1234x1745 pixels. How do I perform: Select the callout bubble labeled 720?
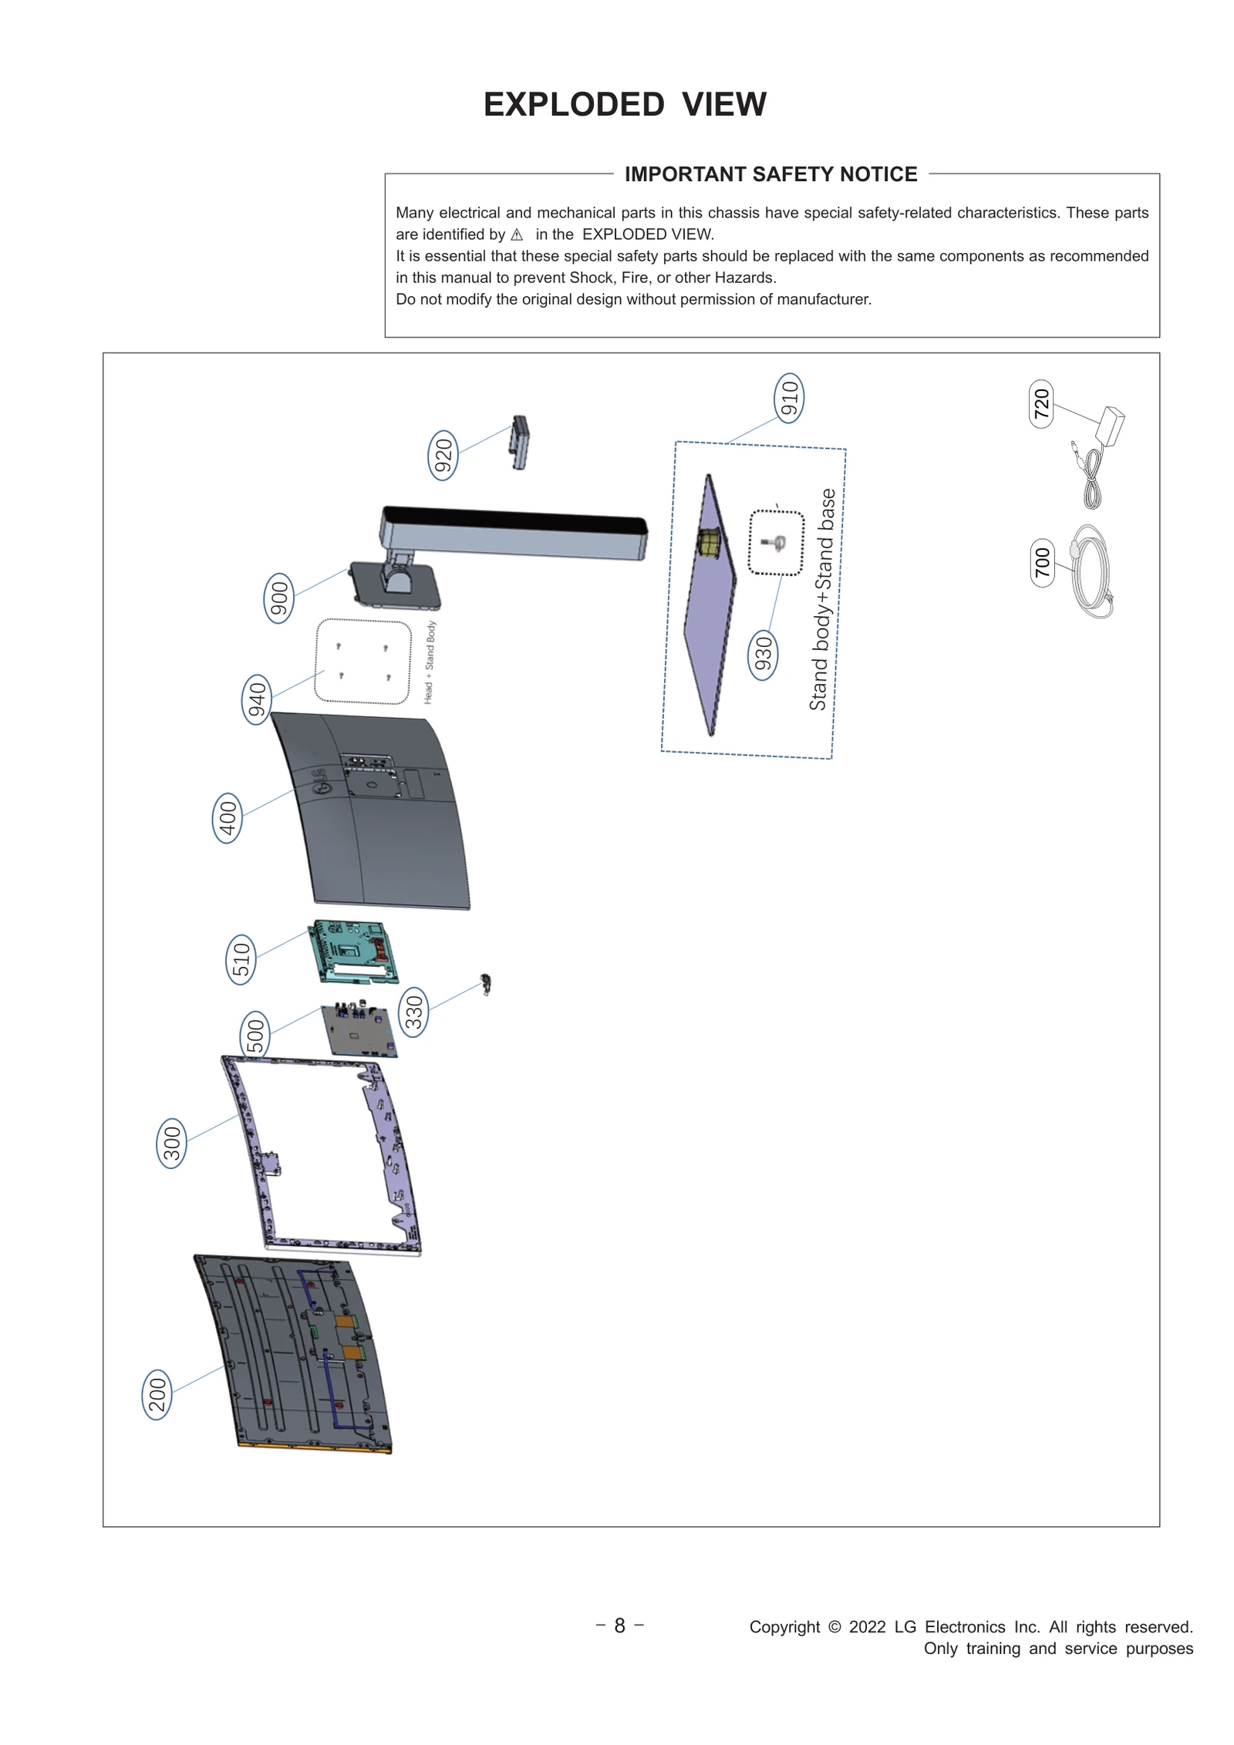[1041, 403]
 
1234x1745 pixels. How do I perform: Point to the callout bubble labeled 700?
[1042, 563]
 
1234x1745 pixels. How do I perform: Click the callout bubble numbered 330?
[414, 1012]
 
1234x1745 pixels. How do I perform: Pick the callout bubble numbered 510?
[241, 959]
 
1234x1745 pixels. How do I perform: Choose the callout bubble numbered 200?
[157, 1394]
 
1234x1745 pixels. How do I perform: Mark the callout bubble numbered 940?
[256, 699]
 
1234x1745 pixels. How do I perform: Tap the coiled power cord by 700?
[1091, 572]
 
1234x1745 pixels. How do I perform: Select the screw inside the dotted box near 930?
[775, 544]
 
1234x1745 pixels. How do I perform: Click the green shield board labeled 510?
[355, 952]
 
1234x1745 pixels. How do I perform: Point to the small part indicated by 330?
[486, 985]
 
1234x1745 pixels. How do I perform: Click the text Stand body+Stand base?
[822, 599]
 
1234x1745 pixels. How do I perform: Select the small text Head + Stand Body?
[430, 662]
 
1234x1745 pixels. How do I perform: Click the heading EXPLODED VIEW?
[625, 104]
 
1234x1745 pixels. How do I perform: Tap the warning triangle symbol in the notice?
[517, 235]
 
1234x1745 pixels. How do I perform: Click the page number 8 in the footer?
[619, 1625]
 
